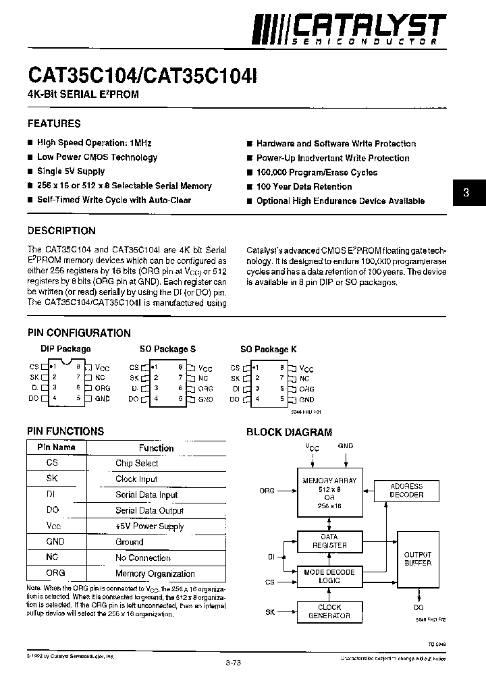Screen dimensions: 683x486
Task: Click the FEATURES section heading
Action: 54,124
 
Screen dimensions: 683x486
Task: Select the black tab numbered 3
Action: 466,193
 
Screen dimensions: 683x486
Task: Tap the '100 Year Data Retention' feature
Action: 304,186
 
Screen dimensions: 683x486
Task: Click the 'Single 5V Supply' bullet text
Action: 71,171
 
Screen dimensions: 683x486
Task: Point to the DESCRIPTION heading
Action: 61,230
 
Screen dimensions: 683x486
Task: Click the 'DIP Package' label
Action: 65,349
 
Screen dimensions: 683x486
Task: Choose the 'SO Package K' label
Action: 268,349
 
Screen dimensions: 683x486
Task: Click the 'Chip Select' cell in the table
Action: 136,463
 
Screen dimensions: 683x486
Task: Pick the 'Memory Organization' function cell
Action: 155,574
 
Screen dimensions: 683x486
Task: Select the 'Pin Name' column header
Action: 56,447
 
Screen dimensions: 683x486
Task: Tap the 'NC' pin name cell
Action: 53,557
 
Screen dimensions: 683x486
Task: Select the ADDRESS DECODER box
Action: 406,491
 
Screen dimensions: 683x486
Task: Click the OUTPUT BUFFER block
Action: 417,559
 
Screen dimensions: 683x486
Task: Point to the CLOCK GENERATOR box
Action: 329,611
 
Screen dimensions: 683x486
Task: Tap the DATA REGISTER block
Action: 329,541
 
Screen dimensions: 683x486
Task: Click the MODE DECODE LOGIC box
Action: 329,576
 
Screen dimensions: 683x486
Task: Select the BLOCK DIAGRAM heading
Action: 289,432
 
